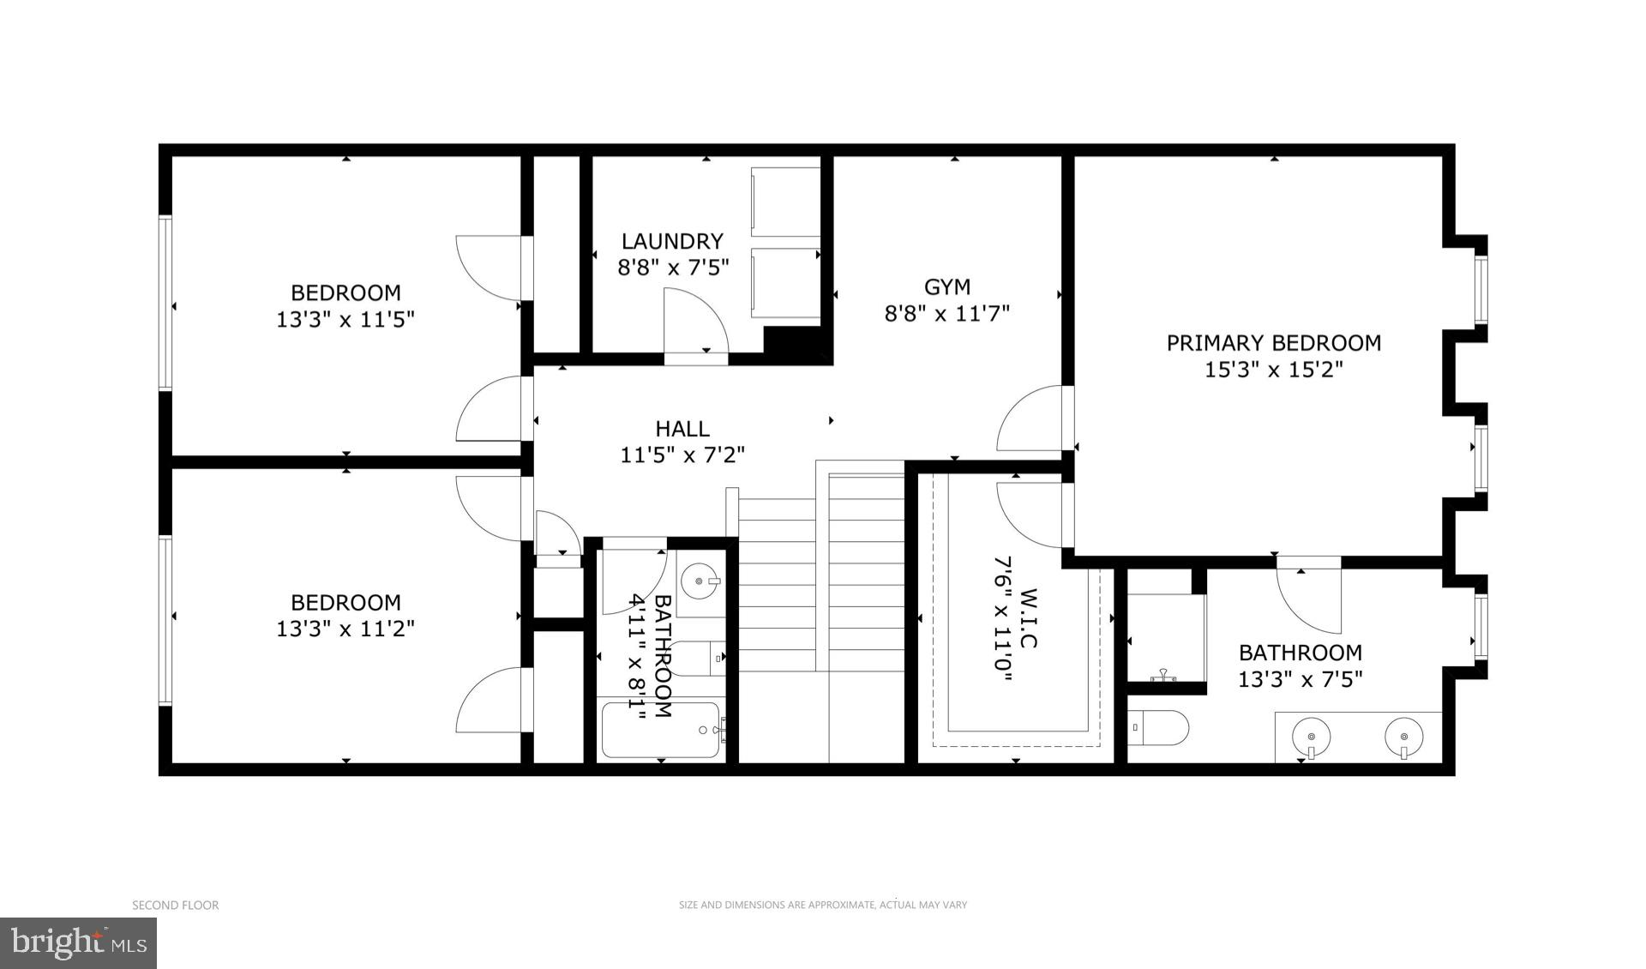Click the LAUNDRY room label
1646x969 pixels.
point(672,241)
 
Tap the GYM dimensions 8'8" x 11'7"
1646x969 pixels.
point(946,314)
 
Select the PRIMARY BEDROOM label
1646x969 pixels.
point(1273,343)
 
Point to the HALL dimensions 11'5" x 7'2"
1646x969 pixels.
point(682,454)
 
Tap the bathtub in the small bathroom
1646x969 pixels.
point(661,730)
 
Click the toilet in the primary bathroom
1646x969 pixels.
point(1157,729)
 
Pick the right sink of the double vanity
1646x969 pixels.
point(1403,737)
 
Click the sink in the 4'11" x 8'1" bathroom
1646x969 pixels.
point(700,581)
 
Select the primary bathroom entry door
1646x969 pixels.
point(1308,596)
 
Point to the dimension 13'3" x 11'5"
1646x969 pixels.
point(345,320)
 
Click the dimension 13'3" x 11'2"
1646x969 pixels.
point(345,629)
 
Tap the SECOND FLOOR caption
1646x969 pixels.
point(175,905)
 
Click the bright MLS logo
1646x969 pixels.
point(78,943)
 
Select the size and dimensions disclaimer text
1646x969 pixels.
point(822,905)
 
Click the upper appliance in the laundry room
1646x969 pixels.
point(785,202)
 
